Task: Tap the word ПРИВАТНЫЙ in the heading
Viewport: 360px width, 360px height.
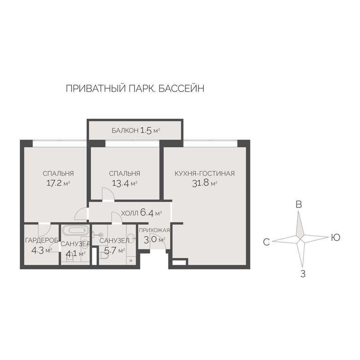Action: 96,88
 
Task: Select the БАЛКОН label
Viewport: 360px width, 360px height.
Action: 125,130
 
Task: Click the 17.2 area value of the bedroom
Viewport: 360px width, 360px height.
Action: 54,183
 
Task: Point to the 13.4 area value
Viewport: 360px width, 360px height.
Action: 121,183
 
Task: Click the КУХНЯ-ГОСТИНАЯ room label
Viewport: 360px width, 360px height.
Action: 205,173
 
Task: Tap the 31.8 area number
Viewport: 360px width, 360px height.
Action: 200,183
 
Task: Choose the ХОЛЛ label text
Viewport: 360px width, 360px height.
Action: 130,213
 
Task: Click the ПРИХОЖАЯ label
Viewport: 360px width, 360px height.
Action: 154,230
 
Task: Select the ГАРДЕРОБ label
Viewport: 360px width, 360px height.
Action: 41,240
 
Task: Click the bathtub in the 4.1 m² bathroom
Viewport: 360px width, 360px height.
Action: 76,230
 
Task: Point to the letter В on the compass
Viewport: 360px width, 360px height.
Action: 299,204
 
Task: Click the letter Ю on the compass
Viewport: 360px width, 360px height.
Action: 335,238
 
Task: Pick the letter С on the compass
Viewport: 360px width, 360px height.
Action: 266,242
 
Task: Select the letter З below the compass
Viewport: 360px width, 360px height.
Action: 303,274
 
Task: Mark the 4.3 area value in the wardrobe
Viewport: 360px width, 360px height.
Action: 37,251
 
